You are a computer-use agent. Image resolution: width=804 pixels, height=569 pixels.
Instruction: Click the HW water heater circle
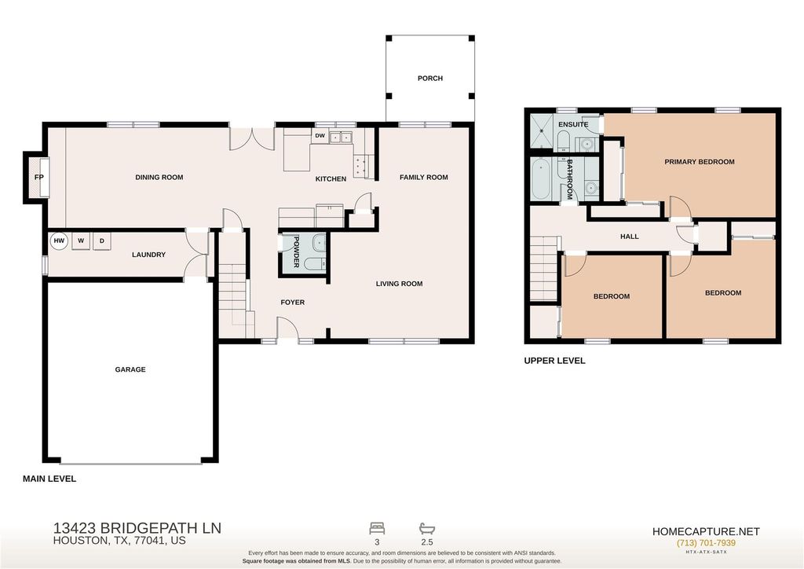[59, 240]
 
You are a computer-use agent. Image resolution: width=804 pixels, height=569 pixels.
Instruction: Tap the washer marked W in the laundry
[81, 240]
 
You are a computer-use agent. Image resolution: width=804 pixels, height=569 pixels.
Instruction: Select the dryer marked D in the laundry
[102, 240]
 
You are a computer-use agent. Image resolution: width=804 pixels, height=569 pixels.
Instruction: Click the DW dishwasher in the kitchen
[320, 136]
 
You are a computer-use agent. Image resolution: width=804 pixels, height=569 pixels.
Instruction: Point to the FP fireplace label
[39, 178]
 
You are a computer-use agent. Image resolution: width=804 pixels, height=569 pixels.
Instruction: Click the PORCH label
[430, 78]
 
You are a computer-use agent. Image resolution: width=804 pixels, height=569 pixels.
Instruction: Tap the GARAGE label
[130, 369]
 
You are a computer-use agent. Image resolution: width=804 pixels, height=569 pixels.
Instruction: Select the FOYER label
[293, 303]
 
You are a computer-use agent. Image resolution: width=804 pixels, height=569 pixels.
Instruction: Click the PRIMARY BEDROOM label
[700, 162]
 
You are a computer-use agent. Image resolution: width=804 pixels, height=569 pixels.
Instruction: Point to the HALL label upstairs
[630, 237]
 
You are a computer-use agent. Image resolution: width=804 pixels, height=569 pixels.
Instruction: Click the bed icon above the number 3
[377, 528]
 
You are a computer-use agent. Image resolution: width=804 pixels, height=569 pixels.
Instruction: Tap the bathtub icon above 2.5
[426, 528]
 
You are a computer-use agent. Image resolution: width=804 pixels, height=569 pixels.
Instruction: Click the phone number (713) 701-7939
[706, 543]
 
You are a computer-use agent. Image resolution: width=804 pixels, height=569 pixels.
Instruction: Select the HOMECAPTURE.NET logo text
[706, 531]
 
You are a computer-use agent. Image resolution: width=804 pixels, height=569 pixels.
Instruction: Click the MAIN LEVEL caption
[49, 479]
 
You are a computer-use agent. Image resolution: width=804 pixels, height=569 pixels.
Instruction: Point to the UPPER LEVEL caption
[554, 361]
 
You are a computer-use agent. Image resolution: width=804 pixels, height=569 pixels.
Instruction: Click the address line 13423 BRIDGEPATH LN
[137, 528]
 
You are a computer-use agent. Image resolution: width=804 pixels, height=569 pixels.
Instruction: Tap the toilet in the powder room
[314, 264]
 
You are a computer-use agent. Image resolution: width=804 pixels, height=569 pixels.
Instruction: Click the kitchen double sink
[340, 137]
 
